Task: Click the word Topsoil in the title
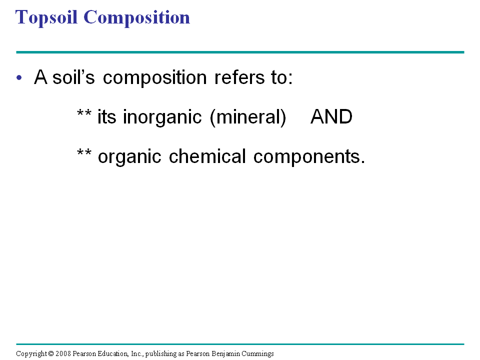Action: (46, 18)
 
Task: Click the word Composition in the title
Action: (136, 18)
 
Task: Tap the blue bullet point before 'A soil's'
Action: (19, 77)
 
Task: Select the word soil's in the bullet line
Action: (73, 77)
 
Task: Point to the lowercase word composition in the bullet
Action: (155, 78)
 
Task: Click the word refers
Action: (239, 77)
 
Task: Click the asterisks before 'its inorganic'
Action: (84, 112)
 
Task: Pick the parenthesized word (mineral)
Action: (248, 117)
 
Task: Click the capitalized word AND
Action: (331, 116)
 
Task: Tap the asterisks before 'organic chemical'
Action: (84, 152)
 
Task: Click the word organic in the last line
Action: (129, 157)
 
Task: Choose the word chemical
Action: (207, 156)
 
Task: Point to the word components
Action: (309, 157)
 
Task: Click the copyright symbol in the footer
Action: (51, 353)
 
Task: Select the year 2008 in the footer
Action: (63, 353)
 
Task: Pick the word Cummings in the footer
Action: (258, 354)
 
